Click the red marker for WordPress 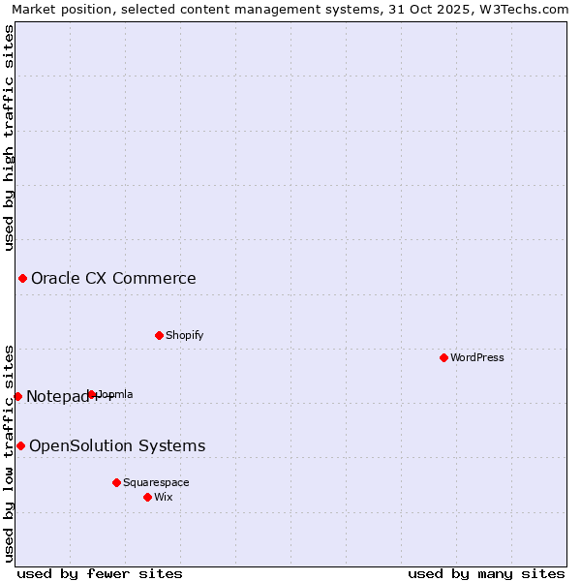(x=443, y=357)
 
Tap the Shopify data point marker (x=159, y=335)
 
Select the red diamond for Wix (x=147, y=497)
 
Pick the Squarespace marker (x=116, y=482)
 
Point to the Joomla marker (x=92, y=394)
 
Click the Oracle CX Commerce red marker (x=22, y=279)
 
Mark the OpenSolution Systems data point (x=20, y=445)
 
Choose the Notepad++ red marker (x=17, y=396)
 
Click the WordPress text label (x=477, y=357)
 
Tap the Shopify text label (x=184, y=335)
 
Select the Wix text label (x=164, y=497)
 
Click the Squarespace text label (x=156, y=482)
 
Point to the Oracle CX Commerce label (x=113, y=279)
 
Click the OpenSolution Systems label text (x=117, y=445)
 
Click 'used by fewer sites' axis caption (x=100, y=573)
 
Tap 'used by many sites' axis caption (x=486, y=573)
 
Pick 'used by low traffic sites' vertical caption (x=9, y=452)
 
